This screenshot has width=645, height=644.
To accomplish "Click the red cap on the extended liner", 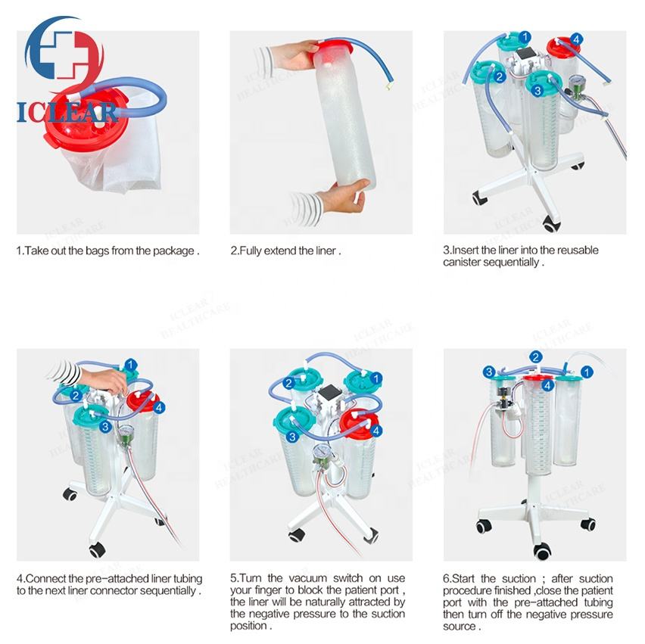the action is point(333,48).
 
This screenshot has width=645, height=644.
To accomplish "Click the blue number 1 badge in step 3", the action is point(525,37).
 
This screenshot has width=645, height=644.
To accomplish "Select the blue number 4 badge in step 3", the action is point(576,39).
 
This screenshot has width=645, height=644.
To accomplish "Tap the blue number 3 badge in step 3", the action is point(537,91).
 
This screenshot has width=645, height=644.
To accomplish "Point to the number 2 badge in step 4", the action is point(76,396).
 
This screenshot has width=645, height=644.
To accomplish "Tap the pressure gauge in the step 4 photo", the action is point(126,434).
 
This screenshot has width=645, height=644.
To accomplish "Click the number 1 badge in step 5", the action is point(376,378).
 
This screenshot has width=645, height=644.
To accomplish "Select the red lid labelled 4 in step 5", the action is point(359,424).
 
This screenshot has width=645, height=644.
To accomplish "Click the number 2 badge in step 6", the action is point(535,357).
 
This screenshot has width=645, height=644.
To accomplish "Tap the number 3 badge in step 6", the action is point(489,372).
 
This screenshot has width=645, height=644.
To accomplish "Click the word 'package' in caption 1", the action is point(174,251).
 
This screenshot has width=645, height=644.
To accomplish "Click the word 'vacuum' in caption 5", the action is point(307,578).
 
